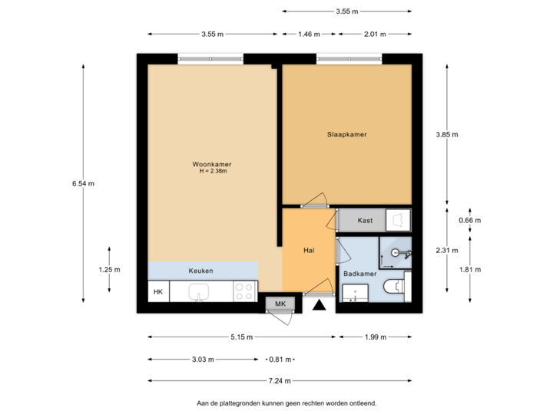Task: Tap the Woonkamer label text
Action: pos(212,164)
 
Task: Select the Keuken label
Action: pos(200,271)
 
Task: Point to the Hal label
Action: pos(309,249)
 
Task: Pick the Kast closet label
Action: pos(366,221)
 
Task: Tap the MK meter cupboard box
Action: pos(280,304)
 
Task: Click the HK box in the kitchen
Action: pos(158,292)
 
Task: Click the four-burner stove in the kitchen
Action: pos(244,291)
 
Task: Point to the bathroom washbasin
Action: pos(355,294)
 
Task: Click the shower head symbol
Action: pos(396,252)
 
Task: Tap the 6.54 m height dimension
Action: pos(83,183)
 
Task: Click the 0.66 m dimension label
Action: pos(469,221)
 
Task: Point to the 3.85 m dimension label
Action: pos(447,134)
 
